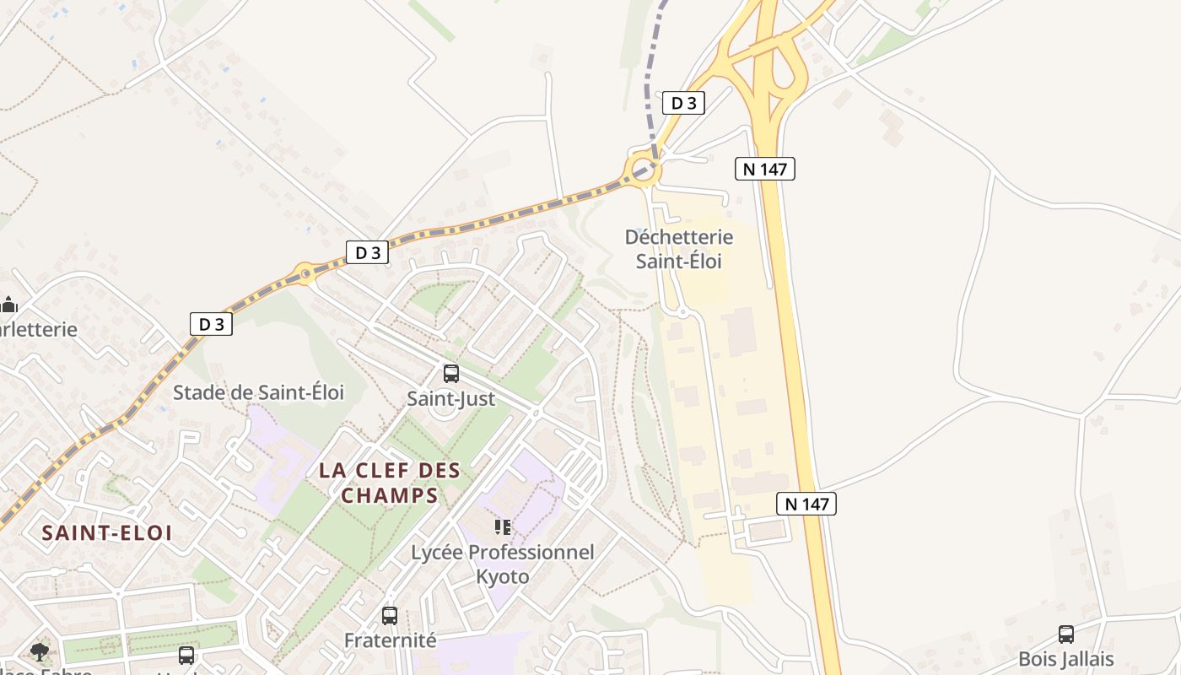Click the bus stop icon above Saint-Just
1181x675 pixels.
451,373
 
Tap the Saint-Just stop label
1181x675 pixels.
451,398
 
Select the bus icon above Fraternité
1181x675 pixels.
389,616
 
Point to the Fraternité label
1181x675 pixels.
390,640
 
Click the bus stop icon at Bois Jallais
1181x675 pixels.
1066,634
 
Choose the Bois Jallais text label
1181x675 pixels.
1066,659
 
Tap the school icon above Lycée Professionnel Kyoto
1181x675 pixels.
503,528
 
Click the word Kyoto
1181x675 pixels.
503,577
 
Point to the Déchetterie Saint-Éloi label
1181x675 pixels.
679,249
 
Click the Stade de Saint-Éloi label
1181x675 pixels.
259,392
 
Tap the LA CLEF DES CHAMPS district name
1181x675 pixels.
390,483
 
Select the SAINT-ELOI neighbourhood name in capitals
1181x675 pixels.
107,533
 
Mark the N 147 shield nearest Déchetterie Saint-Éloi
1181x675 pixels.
765,169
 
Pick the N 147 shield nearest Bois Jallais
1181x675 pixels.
806,504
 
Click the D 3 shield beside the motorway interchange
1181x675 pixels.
683,103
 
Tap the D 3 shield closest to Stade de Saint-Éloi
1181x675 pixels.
211,324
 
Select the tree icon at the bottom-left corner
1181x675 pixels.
39,651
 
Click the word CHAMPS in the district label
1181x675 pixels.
390,495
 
